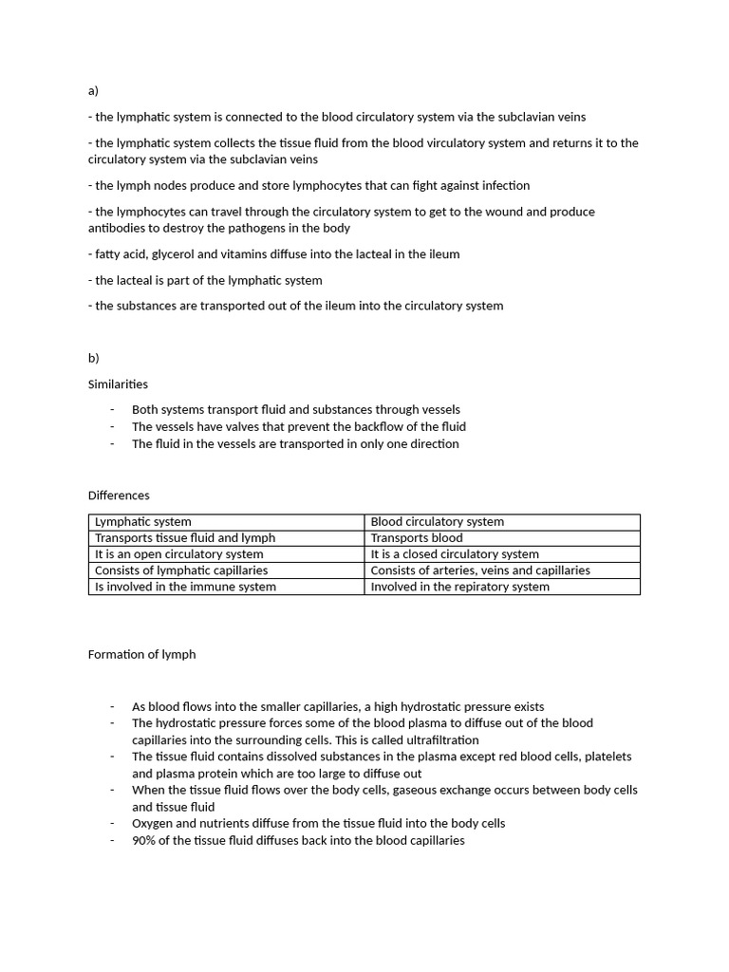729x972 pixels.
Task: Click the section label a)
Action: [93, 91]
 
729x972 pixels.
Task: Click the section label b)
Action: [94, 358]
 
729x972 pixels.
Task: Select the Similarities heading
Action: [118, 384]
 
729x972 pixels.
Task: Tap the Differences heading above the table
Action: [119, 495]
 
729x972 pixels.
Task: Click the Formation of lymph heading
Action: [141, 654]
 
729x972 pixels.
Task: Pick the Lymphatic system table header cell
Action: [143, 522]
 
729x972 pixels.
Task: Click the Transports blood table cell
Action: [417, 538]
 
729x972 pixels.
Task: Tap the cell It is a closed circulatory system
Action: [455, 554]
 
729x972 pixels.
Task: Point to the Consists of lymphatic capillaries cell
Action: [181, 570]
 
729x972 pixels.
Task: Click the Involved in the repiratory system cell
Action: [459, 587]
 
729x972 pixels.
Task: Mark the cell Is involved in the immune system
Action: [185, 587]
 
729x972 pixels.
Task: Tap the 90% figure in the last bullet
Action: [144, 841]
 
